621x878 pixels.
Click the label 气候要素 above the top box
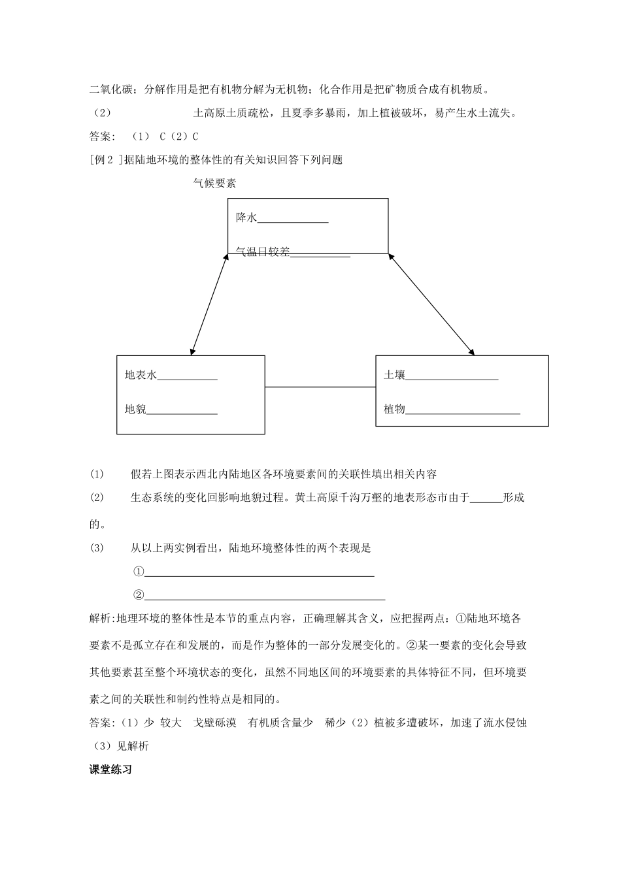(214, 184)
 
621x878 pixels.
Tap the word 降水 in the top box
(246, 218)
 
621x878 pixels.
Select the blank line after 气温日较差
(320, 255)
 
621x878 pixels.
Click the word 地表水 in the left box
(141, 375)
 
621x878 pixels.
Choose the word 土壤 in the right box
(394, 375)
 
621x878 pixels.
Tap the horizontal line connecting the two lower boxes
(320, 387)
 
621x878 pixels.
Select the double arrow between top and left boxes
(210, 304)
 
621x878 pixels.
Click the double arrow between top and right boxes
(431, 304)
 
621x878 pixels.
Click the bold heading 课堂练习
(110, 770)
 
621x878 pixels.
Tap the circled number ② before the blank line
(138, 595)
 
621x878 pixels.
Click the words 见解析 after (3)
(133, 746)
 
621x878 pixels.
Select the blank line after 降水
(293, 221)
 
